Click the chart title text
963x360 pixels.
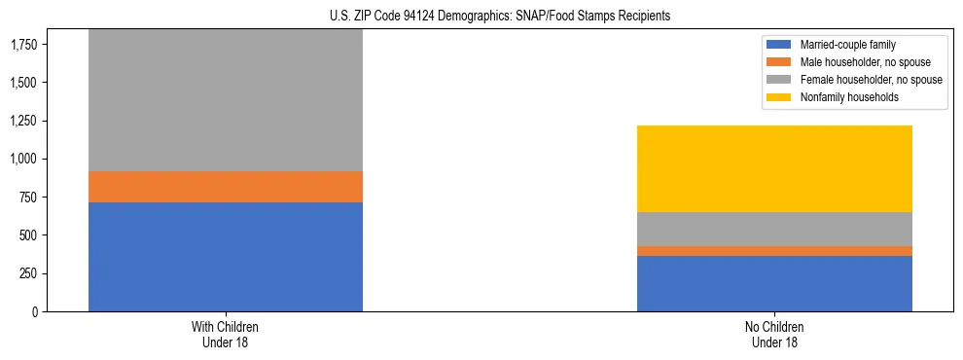[x=481, y=17]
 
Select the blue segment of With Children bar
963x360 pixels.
[x=225, y=257]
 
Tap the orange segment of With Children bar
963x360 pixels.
[x=225, y=187]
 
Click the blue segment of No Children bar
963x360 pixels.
[x=774, y=283]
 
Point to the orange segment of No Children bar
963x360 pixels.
[x=774, y=251]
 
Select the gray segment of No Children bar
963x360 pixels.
[x=774, y=229]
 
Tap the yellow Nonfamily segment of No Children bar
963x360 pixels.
[x=774, y=168]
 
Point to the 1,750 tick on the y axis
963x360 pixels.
[x=23, y=45]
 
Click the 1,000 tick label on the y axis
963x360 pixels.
[x=23, y=159]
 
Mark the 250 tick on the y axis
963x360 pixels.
[x=29, y=273]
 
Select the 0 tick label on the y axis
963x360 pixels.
[x=36, y=311]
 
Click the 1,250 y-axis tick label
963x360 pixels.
[x=23, y=121]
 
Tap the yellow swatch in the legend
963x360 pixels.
[x=779, y=97]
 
